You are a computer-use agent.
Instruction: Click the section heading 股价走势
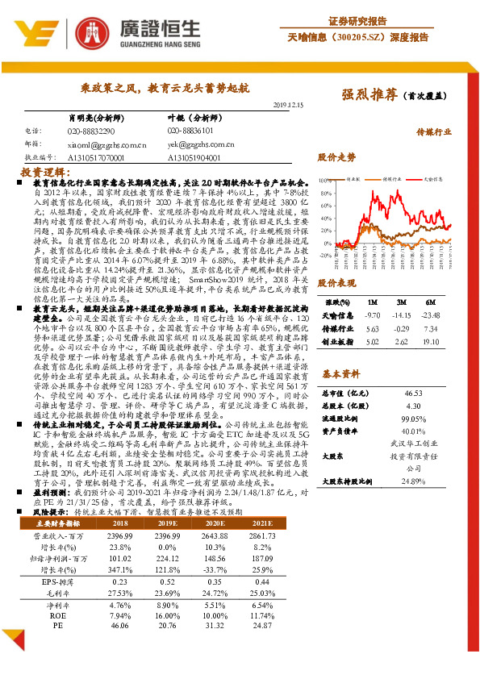[x=336, y=156]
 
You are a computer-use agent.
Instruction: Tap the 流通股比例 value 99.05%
[x=413, y=419]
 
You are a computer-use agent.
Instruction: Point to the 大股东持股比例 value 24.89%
[x=413, y=482]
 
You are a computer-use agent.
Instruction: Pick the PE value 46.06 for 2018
[x=119, y=625]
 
